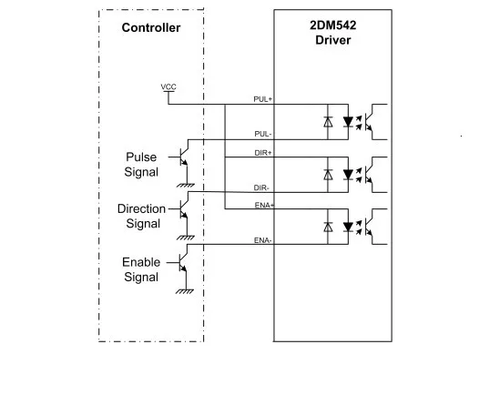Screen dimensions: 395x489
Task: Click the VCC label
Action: (168, 86)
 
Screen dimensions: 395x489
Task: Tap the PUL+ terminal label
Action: (262, 97)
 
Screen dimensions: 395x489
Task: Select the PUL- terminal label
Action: (262, 133)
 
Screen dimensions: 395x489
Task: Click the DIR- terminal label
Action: (262, 187)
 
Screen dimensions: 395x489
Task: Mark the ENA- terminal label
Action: (262, 240)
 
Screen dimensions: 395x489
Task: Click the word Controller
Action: (151, 27)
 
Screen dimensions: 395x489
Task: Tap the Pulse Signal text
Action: (141, 164)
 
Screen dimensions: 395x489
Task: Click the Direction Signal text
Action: (141, 216)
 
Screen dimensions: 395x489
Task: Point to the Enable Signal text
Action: (141, 269)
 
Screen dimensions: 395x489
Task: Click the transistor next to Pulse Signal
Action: (183, 157)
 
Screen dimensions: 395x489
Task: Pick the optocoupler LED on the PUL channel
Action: (347, 121)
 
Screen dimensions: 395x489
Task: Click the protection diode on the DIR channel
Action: (327, 174)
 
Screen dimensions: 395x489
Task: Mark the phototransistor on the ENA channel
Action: (374, 224)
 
